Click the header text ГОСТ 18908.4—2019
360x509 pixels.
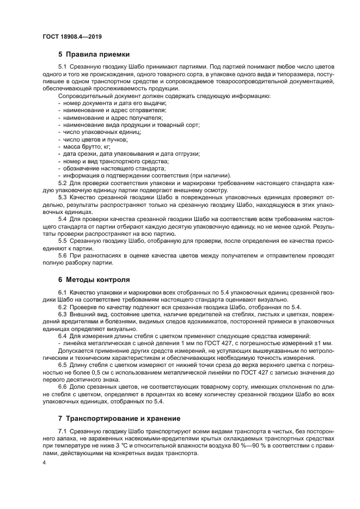point(72,36)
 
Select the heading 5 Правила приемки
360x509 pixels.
point(94,54)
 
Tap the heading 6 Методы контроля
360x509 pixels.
point(94,280)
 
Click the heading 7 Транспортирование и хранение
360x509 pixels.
point(119,419)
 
